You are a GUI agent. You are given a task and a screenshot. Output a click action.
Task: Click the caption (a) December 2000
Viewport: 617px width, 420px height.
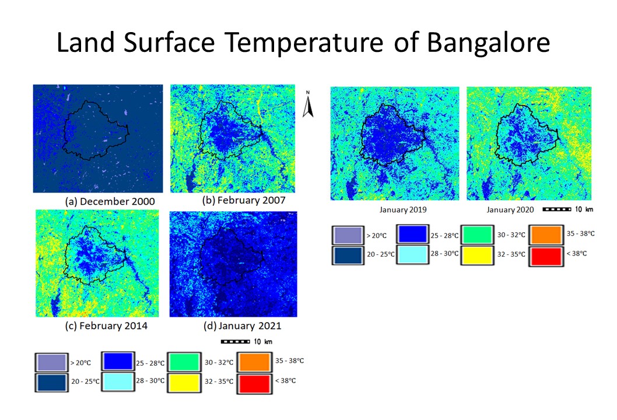(x=110, y=201)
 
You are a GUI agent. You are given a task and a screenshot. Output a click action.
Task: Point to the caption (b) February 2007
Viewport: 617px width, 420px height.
(x=244, y=200)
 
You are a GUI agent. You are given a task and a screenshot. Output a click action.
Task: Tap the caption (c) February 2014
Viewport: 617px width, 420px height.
(x=106, y=325)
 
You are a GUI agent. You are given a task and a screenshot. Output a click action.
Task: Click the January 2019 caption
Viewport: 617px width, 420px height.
(x=400, y=209)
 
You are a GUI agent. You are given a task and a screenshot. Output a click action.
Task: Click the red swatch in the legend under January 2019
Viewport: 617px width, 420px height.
(x=547, y=256)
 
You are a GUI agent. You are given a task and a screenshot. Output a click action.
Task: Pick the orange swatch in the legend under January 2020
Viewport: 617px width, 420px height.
(x=547, y=235)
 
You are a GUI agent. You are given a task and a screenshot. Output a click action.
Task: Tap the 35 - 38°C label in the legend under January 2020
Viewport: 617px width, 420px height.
(x=581, y=233)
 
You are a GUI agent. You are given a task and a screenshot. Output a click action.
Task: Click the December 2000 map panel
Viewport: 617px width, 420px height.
(x=98, y=139)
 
